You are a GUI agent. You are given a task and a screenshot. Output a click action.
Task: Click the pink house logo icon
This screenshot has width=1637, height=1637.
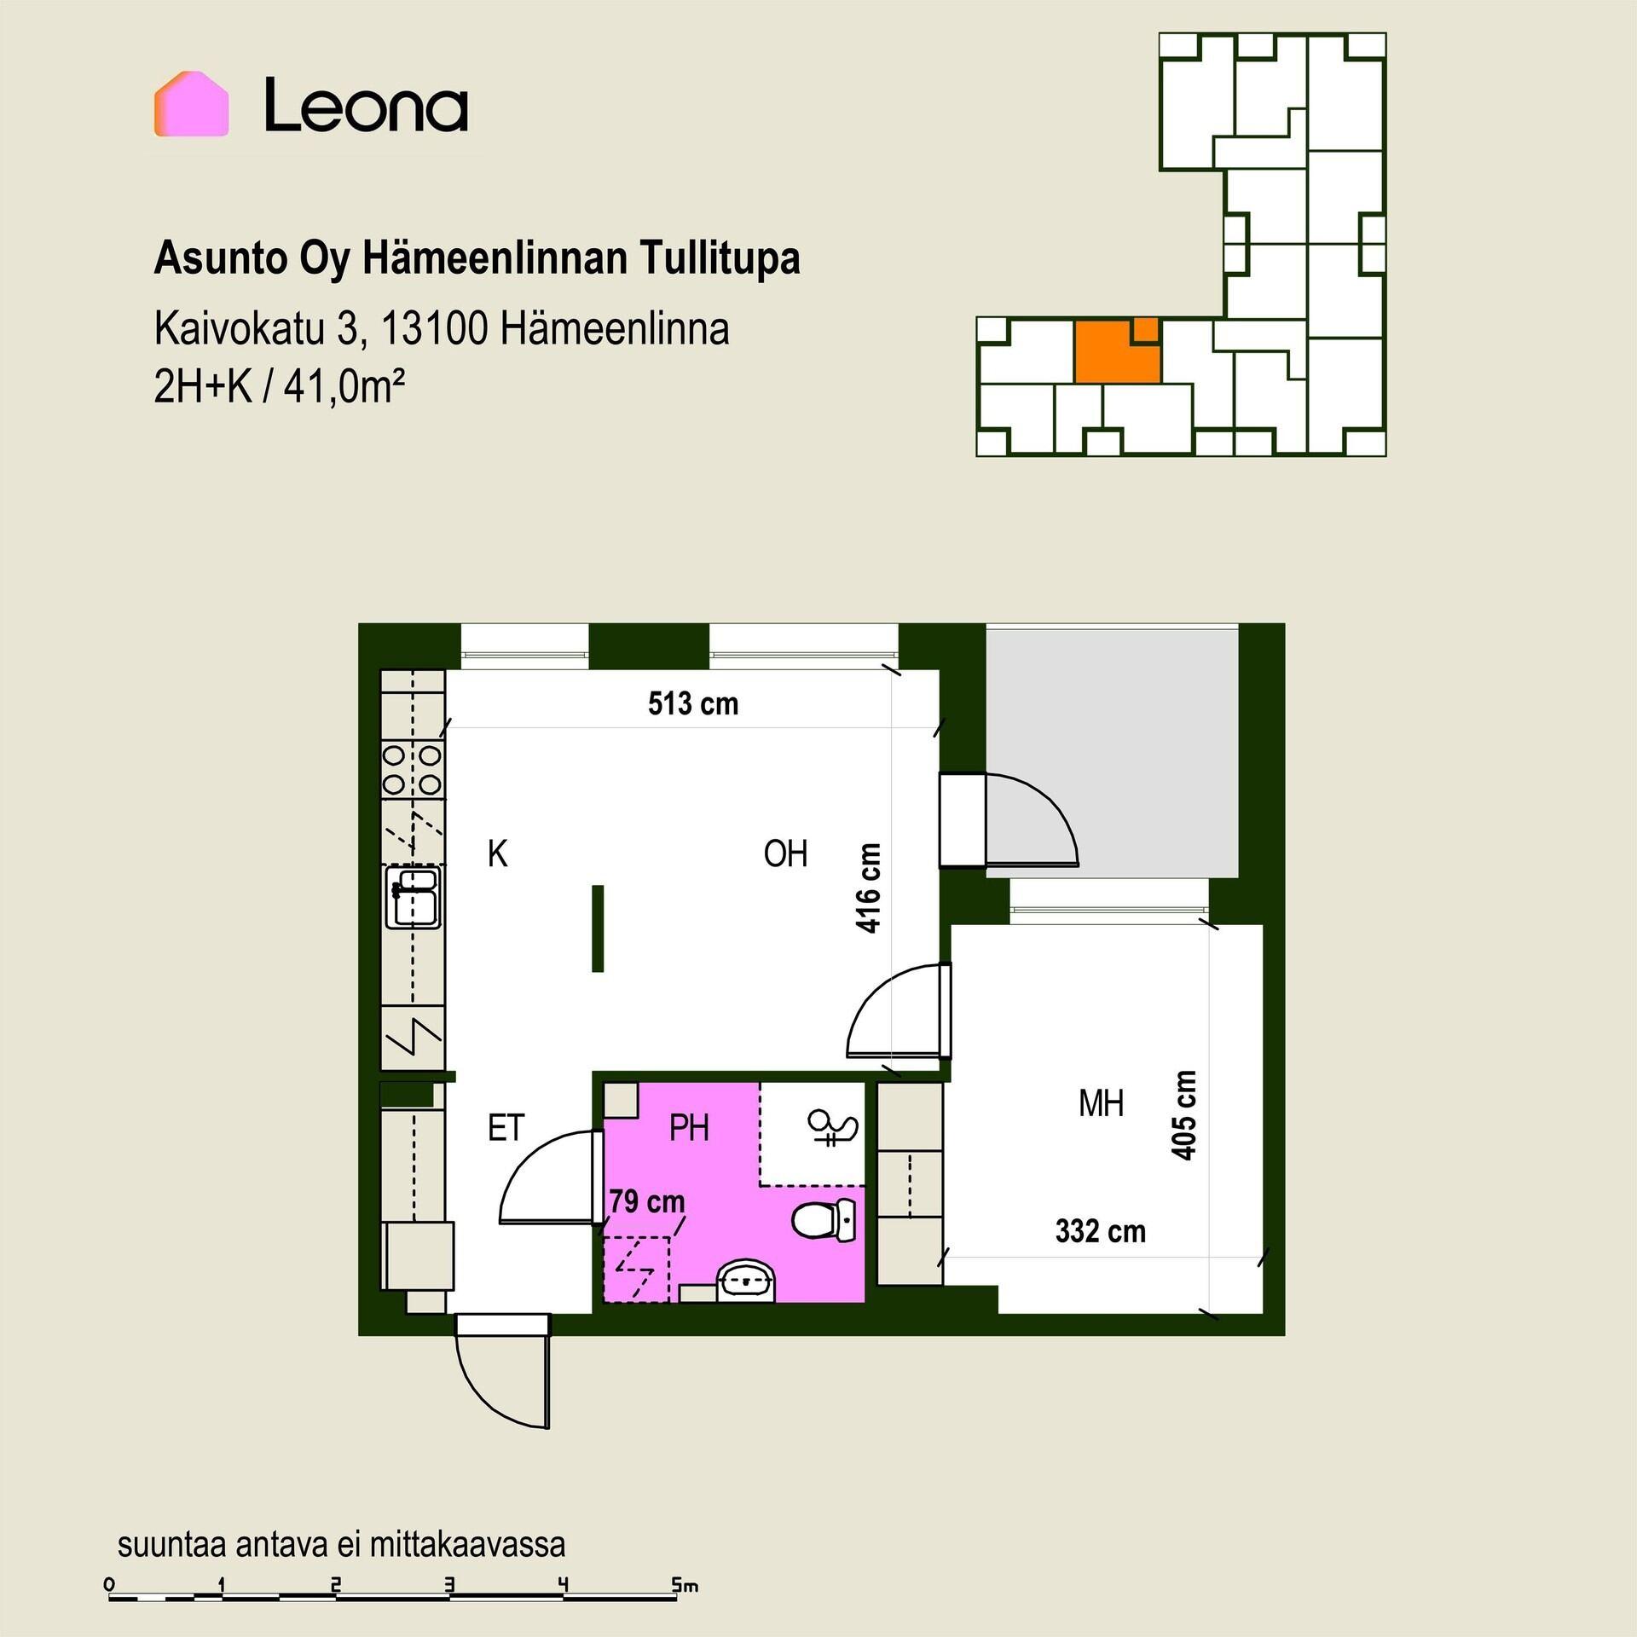tap(191, 104)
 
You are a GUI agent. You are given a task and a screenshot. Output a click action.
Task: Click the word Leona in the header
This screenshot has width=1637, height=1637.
tap(366, 105)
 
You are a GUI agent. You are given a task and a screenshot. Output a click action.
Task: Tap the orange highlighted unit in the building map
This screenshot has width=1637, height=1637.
tap(1117, 350)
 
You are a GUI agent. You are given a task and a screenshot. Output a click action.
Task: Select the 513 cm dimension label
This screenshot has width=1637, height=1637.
tap(693, 704)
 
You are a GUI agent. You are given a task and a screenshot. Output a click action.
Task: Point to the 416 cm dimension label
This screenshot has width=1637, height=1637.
tap(868, 888)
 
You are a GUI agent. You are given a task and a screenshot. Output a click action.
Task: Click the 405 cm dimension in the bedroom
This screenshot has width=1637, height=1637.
tap(1183, 1115)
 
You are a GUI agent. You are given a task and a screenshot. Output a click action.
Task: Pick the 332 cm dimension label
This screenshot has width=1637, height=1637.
tap(1100, 1231)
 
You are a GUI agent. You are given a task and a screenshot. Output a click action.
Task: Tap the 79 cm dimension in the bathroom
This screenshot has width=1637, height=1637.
tap(647, 1201)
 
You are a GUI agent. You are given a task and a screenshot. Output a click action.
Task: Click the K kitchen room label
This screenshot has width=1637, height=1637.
tap(497, 853)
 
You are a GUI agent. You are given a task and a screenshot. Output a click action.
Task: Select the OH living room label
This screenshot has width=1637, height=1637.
tap(785, 853)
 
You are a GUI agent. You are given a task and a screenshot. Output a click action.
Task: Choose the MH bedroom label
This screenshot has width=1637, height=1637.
tap(1101, 1104)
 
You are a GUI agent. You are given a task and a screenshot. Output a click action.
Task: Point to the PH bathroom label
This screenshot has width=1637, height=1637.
tap(689, 1128)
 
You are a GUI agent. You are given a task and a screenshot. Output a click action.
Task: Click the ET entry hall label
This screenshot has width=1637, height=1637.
tap(506, 1128)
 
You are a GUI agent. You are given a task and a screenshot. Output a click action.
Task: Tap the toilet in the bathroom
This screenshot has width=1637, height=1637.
tap(824, 1220)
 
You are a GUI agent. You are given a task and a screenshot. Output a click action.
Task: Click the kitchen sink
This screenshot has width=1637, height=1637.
tap(414, 897)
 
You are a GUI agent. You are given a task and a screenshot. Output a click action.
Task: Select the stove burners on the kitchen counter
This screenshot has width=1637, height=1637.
tap(413, 769)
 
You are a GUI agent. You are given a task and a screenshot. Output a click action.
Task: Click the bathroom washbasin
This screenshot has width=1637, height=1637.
tap(746, 1281)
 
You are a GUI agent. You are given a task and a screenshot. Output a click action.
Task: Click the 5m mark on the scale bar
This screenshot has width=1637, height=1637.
tap(684, 1586)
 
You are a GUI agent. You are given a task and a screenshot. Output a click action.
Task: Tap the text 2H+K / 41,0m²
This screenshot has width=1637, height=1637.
tap(279, 388)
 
